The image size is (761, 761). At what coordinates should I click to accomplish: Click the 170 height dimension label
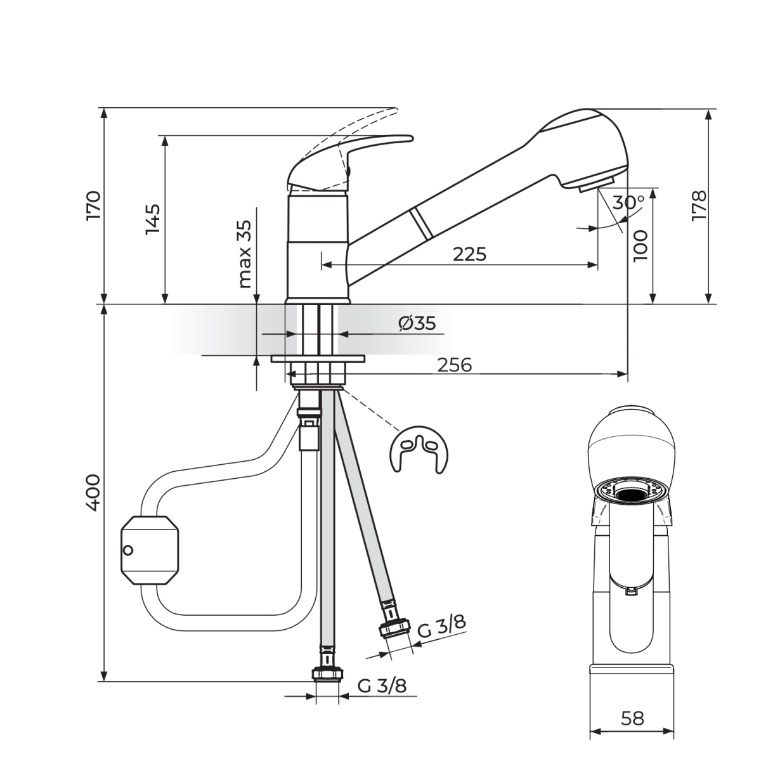point(94,206)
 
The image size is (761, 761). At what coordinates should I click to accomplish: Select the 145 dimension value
point(152,219)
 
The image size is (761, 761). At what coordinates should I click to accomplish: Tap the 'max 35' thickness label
point(245,254)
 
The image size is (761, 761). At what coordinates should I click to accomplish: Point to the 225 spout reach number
point(469,254)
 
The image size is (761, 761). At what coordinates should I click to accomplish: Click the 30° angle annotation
point(628,202)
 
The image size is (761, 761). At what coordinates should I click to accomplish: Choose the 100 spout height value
point(641,245)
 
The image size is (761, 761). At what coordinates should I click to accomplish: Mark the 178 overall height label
point(699,206)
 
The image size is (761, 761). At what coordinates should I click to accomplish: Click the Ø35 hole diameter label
point(417,323)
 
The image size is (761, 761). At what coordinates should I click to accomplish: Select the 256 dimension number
point(455,365)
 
